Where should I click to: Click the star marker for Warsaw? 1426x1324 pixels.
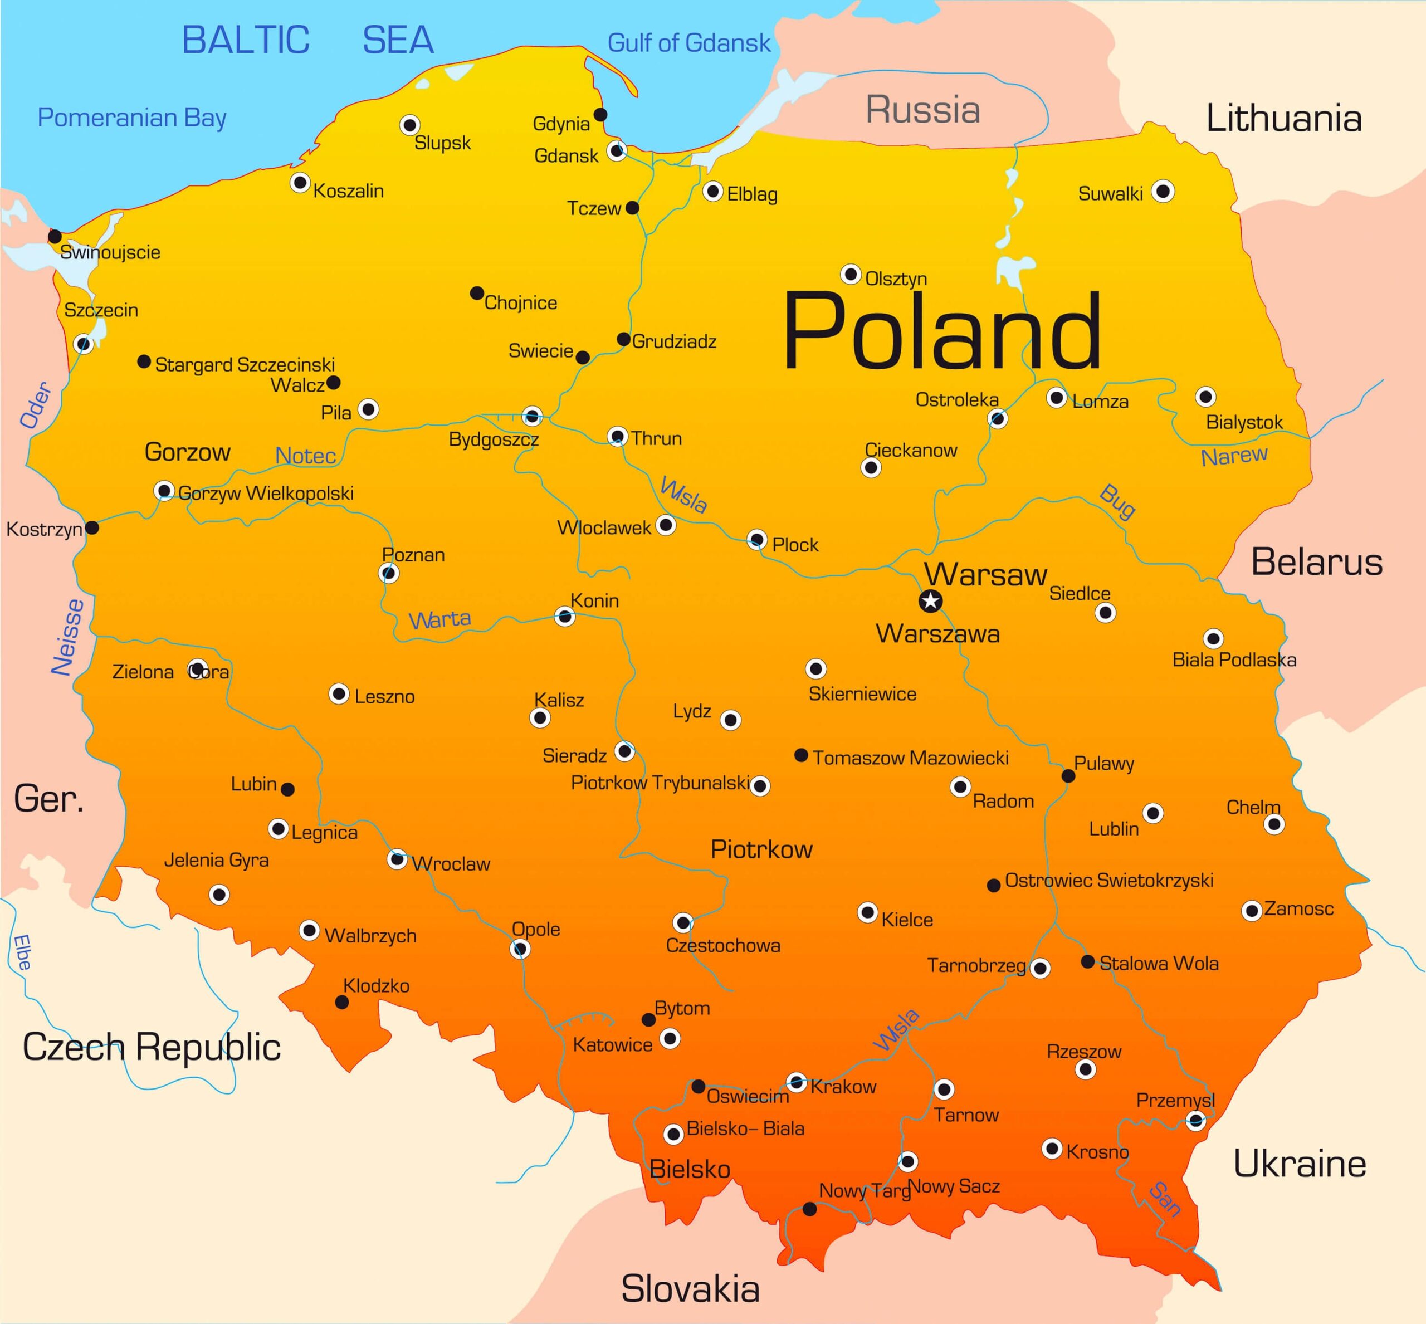click(930, 600)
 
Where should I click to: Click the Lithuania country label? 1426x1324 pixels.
click(1283, 118)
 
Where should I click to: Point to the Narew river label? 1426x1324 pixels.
click(1234, 456)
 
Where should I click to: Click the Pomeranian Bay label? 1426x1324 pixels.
click(132, 118)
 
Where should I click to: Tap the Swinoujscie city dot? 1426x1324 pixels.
click(55, 236)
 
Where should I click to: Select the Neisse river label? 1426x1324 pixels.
click(68, 637)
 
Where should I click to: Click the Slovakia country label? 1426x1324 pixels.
click(690, 1288)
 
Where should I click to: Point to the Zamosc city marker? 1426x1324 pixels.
click(1251, 911)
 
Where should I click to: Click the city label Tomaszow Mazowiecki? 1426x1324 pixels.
click(910, 758)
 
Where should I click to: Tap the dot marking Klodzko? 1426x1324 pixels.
click(342, 1002)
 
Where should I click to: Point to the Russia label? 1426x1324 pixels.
click(922, 110)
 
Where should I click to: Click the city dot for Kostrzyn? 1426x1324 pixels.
click(92, 528)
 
